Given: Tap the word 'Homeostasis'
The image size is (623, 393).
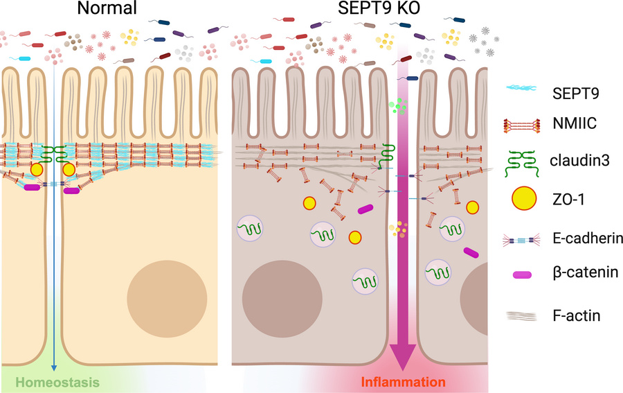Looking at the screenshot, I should coord(57,382).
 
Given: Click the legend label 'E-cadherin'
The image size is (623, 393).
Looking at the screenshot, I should coord(585,239).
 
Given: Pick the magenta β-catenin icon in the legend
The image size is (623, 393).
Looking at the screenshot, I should coord(523,275).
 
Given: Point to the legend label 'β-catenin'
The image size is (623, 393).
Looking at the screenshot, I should coord(580,276).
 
